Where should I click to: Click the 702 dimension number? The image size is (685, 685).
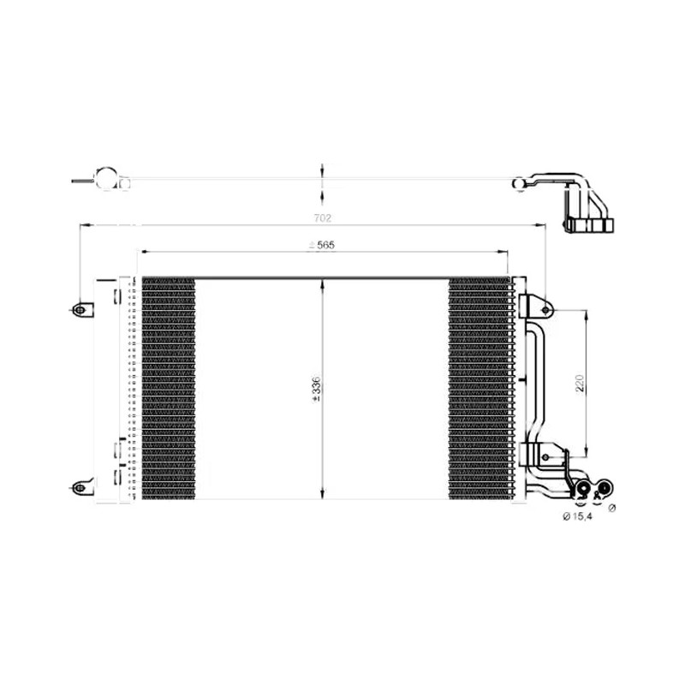tap(323, 217)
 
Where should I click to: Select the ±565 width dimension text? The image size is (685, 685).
tap(321, 245)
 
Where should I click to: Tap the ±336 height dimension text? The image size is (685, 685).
tap(316, 389)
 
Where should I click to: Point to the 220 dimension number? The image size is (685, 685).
tap(580, 383)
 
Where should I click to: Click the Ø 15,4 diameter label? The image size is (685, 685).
tap(577, 517)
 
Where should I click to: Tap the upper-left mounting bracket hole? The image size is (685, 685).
tap(80, 310)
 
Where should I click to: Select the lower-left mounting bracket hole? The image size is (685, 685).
tap(80, 487)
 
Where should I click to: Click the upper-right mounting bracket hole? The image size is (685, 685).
tap(545, 310)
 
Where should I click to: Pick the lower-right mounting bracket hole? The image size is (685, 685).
tap(545, 457)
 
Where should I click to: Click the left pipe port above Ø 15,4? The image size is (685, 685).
tap(583, 488)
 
